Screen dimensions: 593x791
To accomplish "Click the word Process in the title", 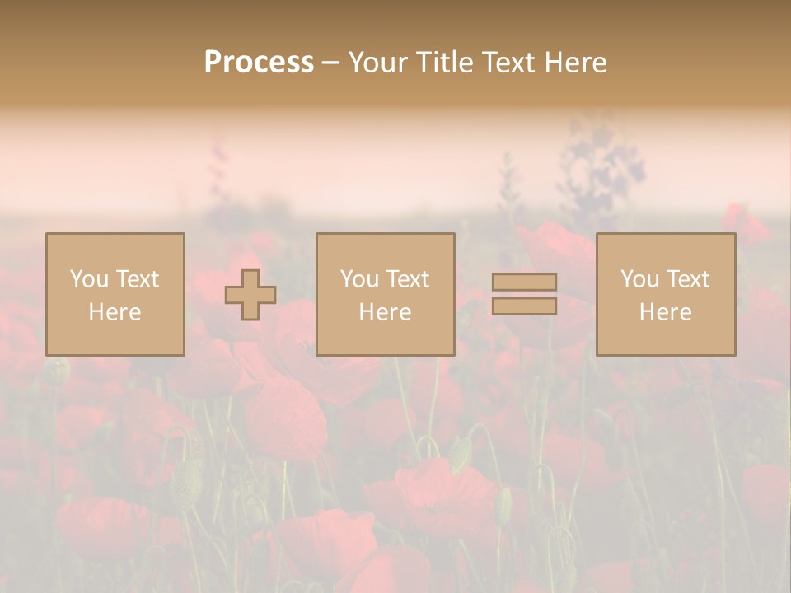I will coord(259,63).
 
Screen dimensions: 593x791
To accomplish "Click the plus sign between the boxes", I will coord(250,295).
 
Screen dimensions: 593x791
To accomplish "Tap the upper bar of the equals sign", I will coord(524,282).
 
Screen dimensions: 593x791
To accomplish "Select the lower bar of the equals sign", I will coord(524,306).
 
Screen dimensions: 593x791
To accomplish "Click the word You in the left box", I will coord(88,279).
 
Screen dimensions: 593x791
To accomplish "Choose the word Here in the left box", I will coord(115,312).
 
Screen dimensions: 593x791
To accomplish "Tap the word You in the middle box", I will coord(358,279).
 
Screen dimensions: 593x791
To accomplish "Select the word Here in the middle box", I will coord(385,312).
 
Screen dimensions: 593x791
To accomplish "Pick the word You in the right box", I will coord(639,279).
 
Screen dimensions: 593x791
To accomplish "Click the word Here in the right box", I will coord(665,312).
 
